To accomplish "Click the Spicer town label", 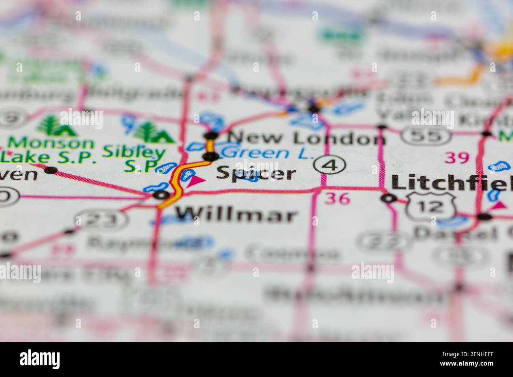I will [256, 173].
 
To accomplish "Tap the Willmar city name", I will [236, 215].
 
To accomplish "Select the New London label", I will [306, 138].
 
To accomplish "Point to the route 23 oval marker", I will [101, 219].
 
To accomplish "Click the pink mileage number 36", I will [337, 198].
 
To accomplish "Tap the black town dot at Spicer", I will [211, 157].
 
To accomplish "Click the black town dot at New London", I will [211, 136].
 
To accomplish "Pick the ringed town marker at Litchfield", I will [389, 198].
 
